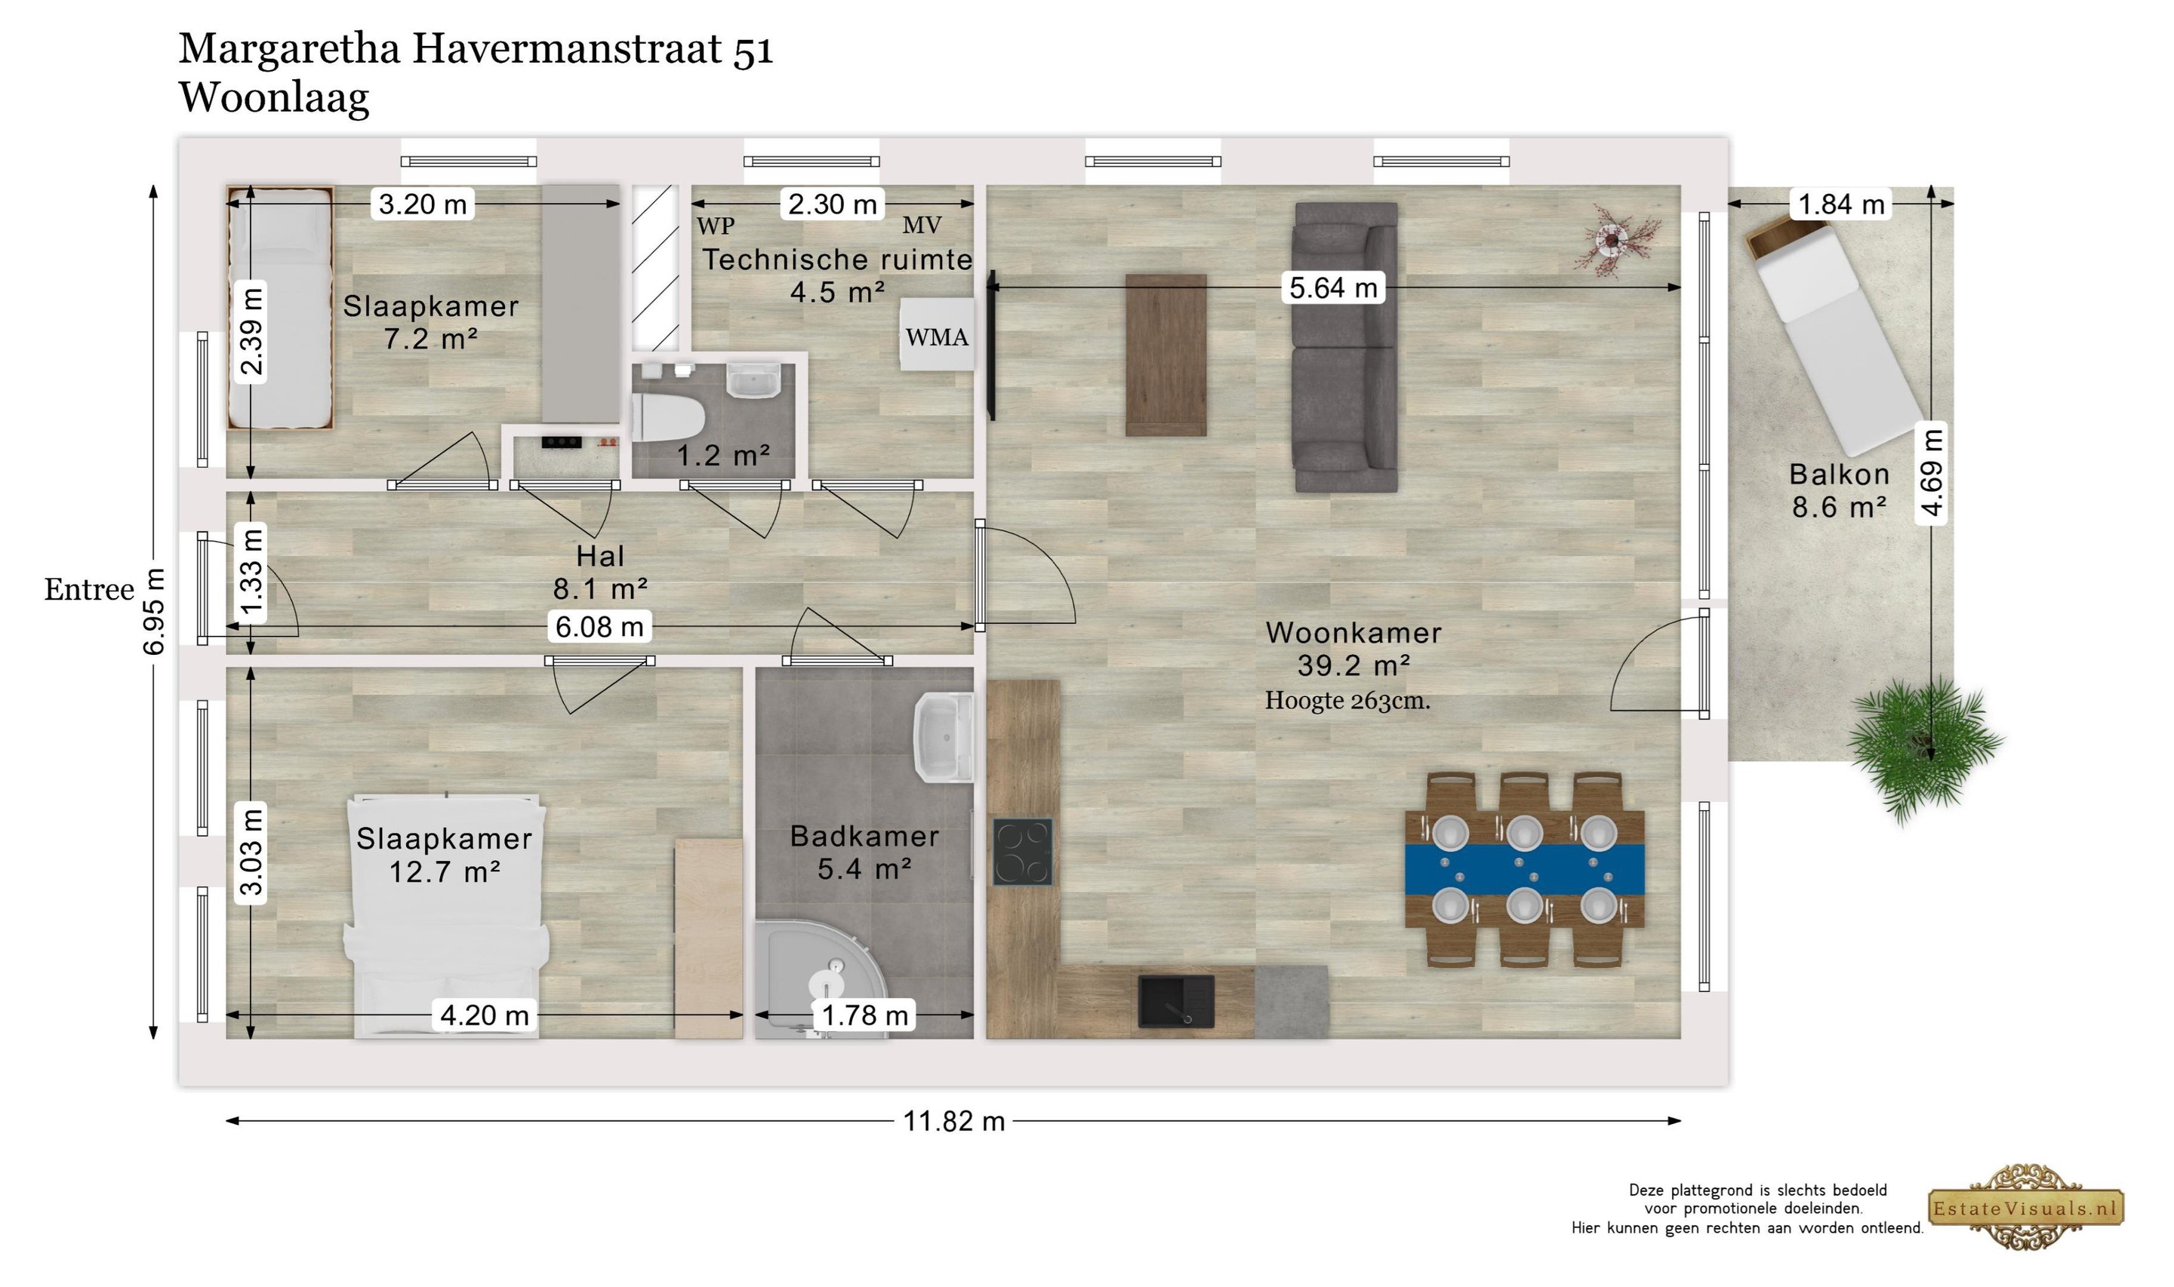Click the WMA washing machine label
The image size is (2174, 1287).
click(x=937, y=336)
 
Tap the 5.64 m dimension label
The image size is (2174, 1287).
click(x=1333, y=287)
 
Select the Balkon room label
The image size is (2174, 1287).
click(x=1839, y=475)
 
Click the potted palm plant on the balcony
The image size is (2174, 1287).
click(x=1924, y=748)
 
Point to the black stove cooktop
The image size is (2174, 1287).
click(x=1023, y=852)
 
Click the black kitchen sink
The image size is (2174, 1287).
click(x=1175, y=1002)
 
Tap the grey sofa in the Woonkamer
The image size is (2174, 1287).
click(x=1345, y=347)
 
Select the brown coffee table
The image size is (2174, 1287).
click(x=1166, y=355)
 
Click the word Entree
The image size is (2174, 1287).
click(x=89, y=590)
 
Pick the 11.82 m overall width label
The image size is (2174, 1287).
click(x=953, y=1121)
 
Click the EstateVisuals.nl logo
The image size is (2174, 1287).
click(x=2025, y=1207)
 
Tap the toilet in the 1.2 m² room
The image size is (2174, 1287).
click(x=667, y=418)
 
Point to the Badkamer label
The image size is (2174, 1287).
click(x=864, y=836)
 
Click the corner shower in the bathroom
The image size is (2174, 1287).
click(x=820, y=979)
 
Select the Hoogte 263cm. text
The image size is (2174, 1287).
click(x=1347, y=701)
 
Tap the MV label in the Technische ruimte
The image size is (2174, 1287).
click(x=921, y=226)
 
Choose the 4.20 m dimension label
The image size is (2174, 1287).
click(x=484, y=1015)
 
